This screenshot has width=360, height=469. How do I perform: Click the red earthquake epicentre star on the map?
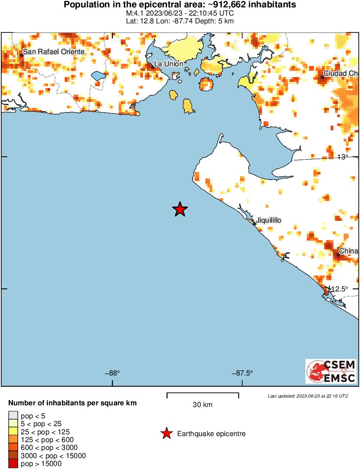(180, 210)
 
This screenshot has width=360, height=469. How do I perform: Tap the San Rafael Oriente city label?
(54, 52)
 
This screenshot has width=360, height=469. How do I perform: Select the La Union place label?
(169, 64)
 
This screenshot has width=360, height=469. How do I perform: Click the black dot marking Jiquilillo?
(255, 224)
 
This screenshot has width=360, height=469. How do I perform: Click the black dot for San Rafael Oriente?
(22, 55)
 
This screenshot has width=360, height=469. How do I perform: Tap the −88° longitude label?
(112, 373)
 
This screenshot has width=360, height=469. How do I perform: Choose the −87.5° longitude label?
(242, 373)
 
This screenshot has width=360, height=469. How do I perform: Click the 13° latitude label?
(343, 157)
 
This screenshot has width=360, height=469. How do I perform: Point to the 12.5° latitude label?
(340, 289)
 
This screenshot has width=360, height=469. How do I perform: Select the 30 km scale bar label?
(202, 405)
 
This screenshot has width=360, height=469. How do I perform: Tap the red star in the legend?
(166, 433)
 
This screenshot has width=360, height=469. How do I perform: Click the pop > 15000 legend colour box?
(13, 464)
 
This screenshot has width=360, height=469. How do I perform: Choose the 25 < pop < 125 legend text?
(45, 432)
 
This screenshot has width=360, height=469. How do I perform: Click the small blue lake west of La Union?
(99, 76)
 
